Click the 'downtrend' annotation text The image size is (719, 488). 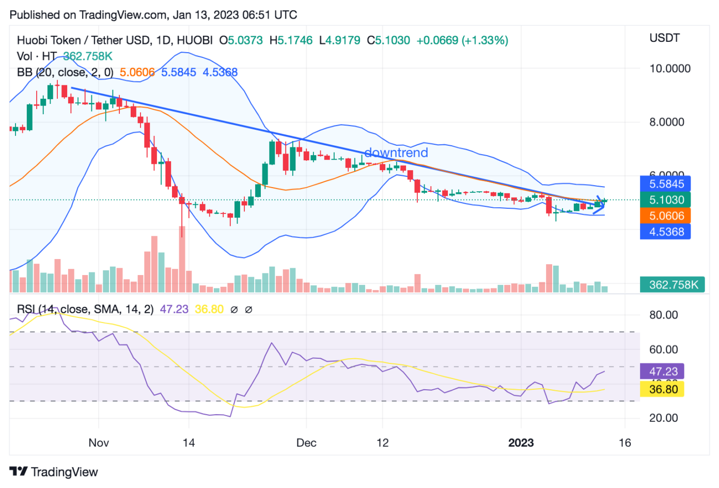pyautogui.click(x=396, y=152)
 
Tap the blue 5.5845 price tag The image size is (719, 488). pyautogui.click(x=665, y=184)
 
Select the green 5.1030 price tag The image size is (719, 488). pyautogui.click(x=665, y=200)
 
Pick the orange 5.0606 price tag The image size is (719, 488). pyautogui.click(x=665, y=216)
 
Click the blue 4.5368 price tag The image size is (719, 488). pyautogui.click(x=665, y=232)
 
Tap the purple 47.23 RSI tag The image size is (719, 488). pyautogui.click(x=662, y=372)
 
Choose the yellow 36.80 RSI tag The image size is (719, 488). pyautogui.click(x=662, y=389)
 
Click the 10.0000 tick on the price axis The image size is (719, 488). pyautogui.click(x=669, y=69)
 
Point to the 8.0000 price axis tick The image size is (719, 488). pyautogui.click(x=666, y=123)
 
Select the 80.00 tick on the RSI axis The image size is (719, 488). pyautogui.click(x=663, y=315)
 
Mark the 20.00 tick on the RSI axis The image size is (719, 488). pyautogui.click(x=663, y=418)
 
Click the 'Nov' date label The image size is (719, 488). pyautogui.click(x=99, y=443)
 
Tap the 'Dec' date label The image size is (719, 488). pyautogui.click(x=306, y=443)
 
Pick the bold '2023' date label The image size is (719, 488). pyautogui.click(x=521, y=443)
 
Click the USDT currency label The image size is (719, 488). pyautogui.click(x=664, y=38)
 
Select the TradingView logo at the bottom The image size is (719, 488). pyautogui.click(x=54, y=472)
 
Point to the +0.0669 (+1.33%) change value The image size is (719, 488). pyautogui.click(x=462, y=40)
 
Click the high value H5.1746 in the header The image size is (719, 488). pyautogui.click(x=291, y=40)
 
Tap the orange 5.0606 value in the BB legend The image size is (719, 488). pyautogui.click(x=137, y=72)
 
